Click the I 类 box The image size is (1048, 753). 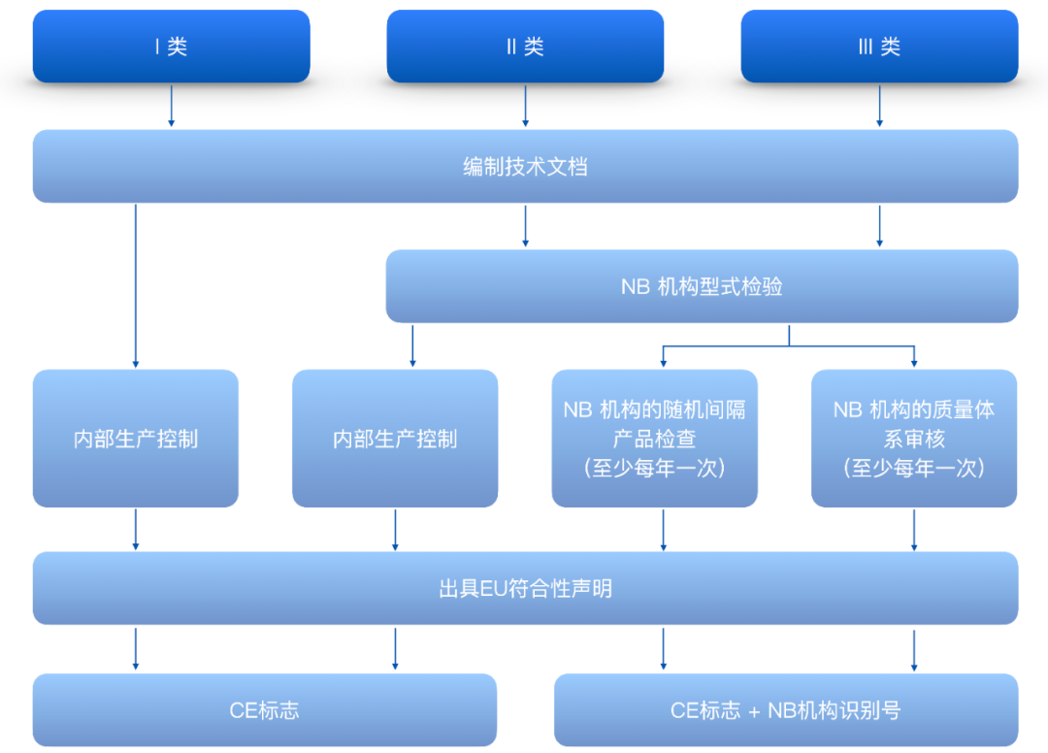(x=171, y=47)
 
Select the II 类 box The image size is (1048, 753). (x=525, y=47)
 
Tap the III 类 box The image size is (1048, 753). (x=879, y=47)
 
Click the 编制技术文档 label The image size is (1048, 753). (x=525, y=166)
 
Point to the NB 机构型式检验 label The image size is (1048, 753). (x=702, y=286)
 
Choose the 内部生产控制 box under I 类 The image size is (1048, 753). (x=136, y=439)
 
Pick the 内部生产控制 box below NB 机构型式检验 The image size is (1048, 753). (x=395, y=439)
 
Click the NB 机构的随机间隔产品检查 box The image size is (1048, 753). (x=654, y=439)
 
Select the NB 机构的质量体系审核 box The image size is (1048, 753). (x=914, y=439)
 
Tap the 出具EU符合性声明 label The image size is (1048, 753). (x=525, y=589)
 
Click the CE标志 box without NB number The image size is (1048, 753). (x=265, y=709)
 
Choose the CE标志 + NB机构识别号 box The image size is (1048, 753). (x=786, y=709)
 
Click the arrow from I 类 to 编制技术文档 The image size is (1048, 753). (x=171, y=106)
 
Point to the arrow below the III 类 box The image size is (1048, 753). (x=879, y=106)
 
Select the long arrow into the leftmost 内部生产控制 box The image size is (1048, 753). (x=136, y=286)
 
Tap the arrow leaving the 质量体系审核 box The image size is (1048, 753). (x=914, y=530)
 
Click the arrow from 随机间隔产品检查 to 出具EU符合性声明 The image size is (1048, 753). (x=663, y=530)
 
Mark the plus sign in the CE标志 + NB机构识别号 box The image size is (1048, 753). (x=754, y=712)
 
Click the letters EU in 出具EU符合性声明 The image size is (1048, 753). (x=494, y=589)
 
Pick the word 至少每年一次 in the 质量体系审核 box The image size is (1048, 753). (x=914, y=468)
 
